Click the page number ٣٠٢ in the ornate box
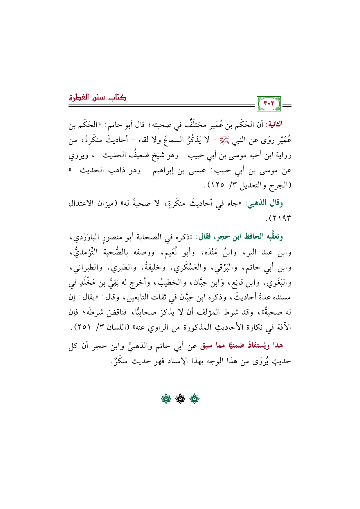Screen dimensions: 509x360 (269, 104)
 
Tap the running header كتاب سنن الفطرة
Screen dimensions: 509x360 (97, 97)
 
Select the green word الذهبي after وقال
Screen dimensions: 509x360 (257, 203)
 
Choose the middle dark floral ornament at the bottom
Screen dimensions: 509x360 (180, 399)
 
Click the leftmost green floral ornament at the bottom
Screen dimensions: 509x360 (166, 399)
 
